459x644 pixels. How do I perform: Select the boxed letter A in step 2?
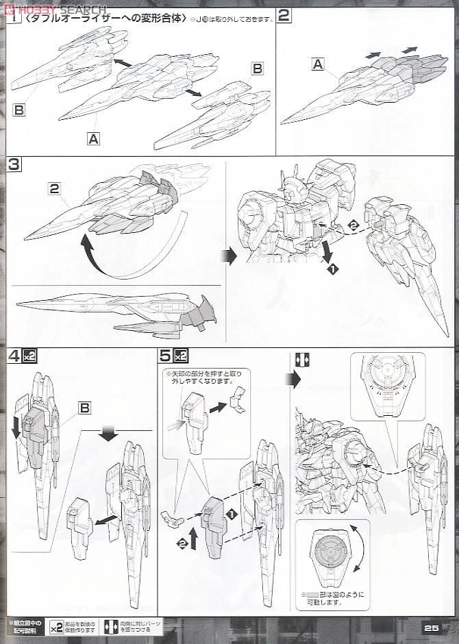[317, 64]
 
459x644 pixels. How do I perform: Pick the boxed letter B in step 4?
[84, 408]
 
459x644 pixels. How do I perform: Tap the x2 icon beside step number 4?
[29, 356]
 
